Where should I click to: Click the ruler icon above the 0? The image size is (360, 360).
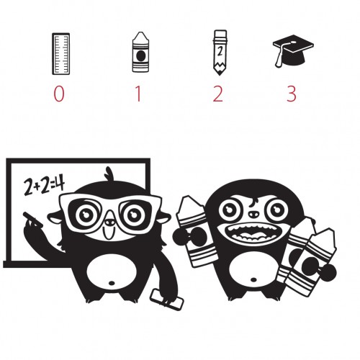61,54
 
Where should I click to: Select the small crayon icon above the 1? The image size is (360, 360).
140,52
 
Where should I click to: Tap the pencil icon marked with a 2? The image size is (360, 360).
220,53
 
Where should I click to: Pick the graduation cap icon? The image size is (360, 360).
293,51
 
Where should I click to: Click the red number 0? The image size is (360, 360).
59,94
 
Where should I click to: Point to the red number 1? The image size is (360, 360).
138,94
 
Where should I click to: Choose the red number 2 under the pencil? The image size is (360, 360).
218,94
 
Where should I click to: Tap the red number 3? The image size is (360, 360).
292,94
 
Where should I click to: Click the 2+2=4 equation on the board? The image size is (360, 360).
44,186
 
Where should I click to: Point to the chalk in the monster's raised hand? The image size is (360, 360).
33,220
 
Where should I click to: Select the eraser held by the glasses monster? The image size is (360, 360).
166,300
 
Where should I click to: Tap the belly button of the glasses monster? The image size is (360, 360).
112,283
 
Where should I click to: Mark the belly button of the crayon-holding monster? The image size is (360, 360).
253,279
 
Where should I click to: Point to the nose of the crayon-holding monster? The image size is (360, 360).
253,214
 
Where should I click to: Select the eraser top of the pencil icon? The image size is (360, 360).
220,34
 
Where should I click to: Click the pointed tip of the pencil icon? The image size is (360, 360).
220,74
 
